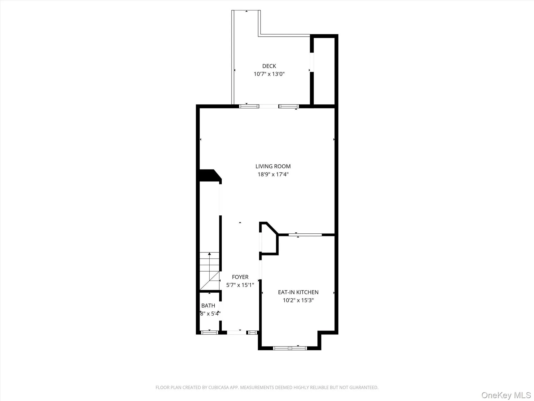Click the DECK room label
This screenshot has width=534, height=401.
269,66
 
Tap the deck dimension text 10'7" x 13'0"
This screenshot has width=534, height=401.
269,74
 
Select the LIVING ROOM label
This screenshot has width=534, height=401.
273,166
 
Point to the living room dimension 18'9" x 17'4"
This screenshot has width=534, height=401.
273,174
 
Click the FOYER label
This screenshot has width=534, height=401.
240,277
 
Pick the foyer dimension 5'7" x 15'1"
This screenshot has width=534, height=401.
240,285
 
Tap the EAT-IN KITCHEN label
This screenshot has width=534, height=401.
298,292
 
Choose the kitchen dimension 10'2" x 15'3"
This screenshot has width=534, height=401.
298,300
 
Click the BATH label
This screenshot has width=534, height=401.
208,305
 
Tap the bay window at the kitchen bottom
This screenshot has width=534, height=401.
290,348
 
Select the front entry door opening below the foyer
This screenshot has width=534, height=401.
236,332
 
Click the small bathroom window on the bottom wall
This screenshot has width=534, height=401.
209,332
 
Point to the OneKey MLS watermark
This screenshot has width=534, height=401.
506,395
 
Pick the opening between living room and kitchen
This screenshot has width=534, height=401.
305,235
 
